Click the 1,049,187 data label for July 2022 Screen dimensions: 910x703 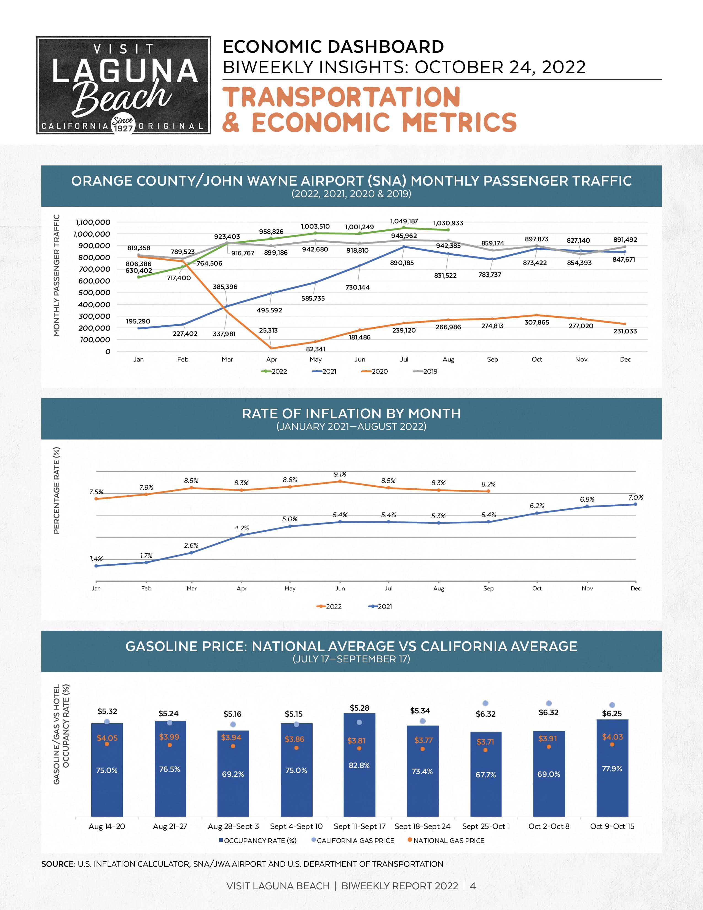(x=404, y=221)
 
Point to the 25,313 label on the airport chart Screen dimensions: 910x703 (x=268, y=330)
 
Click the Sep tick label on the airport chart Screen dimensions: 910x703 (x=492, y=359)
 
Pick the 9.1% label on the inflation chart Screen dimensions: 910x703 (x=340, y=474)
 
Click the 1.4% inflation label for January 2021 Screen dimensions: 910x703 (x=96, y=559)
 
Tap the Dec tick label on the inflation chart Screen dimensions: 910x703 (x=635, y=588)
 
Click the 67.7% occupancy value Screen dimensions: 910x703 (x=485, y=775)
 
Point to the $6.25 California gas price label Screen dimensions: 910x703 (x=612, y=714)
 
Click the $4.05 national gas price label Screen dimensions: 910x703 (x=107, y=738)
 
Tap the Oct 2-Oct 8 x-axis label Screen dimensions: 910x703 (x=549, y=826)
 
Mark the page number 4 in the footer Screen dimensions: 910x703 (x=473, y=886)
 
